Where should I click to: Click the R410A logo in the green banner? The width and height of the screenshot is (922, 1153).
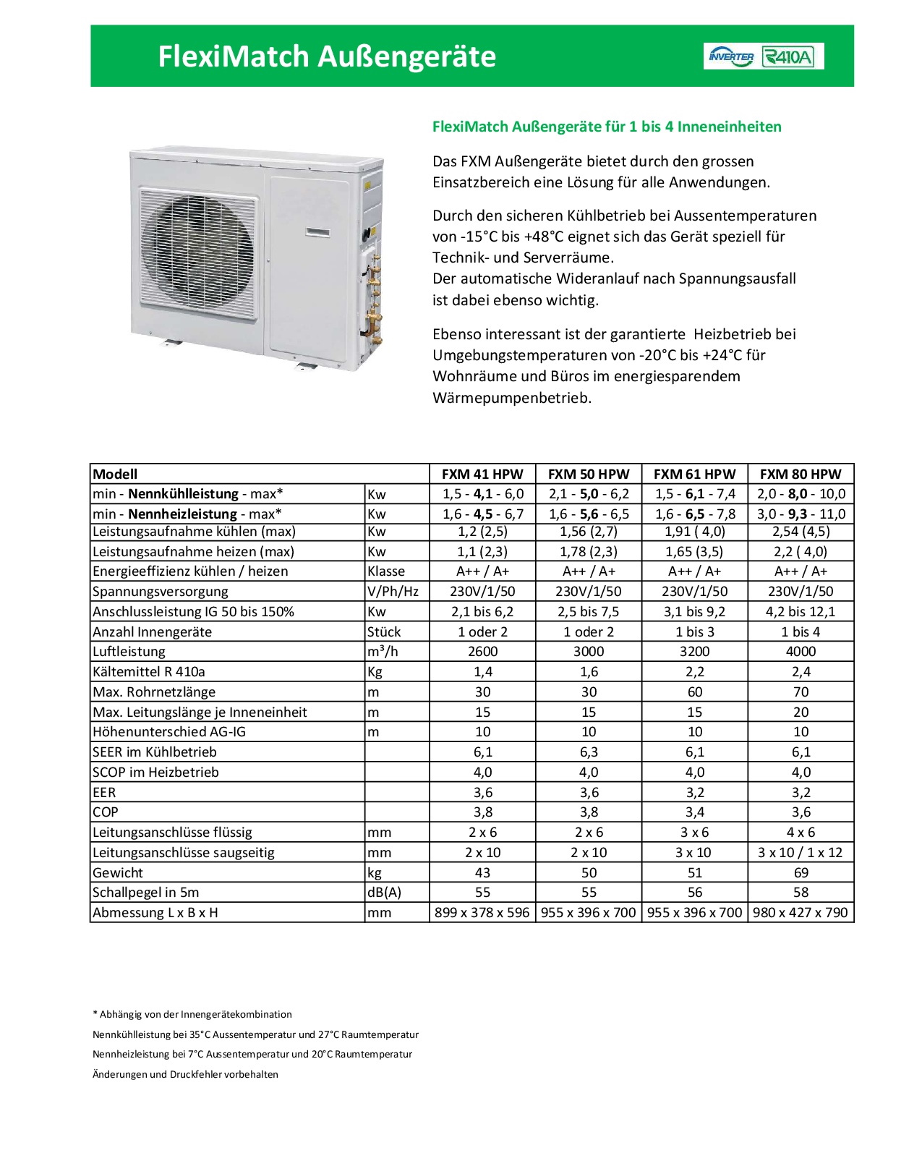[x=793, y=56]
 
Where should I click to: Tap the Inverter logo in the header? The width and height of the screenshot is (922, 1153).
[x=732, y=56]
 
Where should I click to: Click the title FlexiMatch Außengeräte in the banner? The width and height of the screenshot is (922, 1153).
[x=327, y=56]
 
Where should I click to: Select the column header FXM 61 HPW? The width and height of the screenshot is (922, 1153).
[x=694, y=475]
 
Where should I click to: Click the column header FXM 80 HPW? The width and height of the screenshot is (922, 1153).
[x=801, y=475]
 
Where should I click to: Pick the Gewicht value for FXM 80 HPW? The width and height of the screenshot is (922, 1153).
[x=801, y=872]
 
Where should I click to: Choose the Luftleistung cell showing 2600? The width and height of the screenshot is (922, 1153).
[x=482, y=652]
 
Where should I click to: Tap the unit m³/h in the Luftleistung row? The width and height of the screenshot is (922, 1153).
[x=383, y=652]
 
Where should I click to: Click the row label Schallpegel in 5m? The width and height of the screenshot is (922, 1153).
[x=146, y=893]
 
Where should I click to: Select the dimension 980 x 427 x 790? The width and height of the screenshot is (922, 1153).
[x=801, y=913]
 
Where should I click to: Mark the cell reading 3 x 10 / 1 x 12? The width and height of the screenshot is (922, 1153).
[x=801, y=853]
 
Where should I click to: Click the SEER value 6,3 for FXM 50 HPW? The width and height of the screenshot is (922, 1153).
[x=589, y=752]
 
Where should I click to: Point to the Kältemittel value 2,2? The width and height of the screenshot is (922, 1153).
[x=694, y=672]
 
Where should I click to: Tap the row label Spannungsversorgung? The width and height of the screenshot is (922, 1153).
[x=161, y=592]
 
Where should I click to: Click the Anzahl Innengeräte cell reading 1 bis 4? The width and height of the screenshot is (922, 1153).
[x=801, y=631]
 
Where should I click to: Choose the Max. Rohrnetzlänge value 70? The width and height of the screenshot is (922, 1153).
[x=801, y=692]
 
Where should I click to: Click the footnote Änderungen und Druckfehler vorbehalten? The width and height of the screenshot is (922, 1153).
[x=186, y=1074]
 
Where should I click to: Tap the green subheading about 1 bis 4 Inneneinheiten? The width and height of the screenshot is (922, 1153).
[x=607, y=127]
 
